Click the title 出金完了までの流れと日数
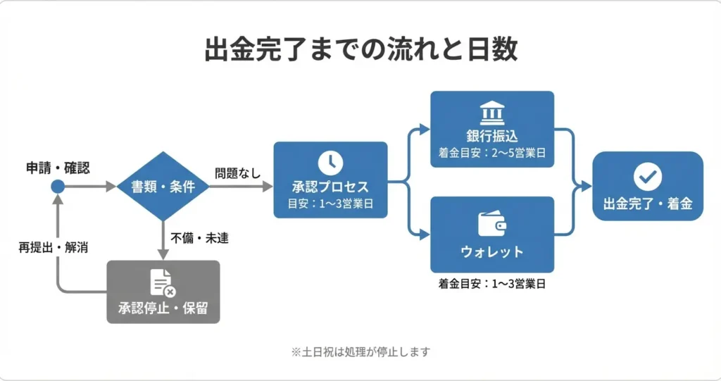[x=360, y=50]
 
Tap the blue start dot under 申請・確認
[x=58, y=187]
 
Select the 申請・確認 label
[x=58, y=168]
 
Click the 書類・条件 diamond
[x=163, y=187]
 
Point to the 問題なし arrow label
[x=237, y=173]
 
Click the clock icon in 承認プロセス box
[x=330, y=163]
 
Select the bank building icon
[x=492, y=113]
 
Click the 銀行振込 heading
[x=492, y=137]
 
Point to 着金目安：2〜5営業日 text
[x=492, y=153]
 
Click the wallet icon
[x=492, y=224]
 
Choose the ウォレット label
[x=492, y=251]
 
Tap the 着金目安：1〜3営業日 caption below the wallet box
[x=492, y=285]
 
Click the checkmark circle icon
[x=647, y=176]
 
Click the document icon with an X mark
[x=163, y=282]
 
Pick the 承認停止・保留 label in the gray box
[x=163, y=308]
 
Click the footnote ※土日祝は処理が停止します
[x=360, y=351]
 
